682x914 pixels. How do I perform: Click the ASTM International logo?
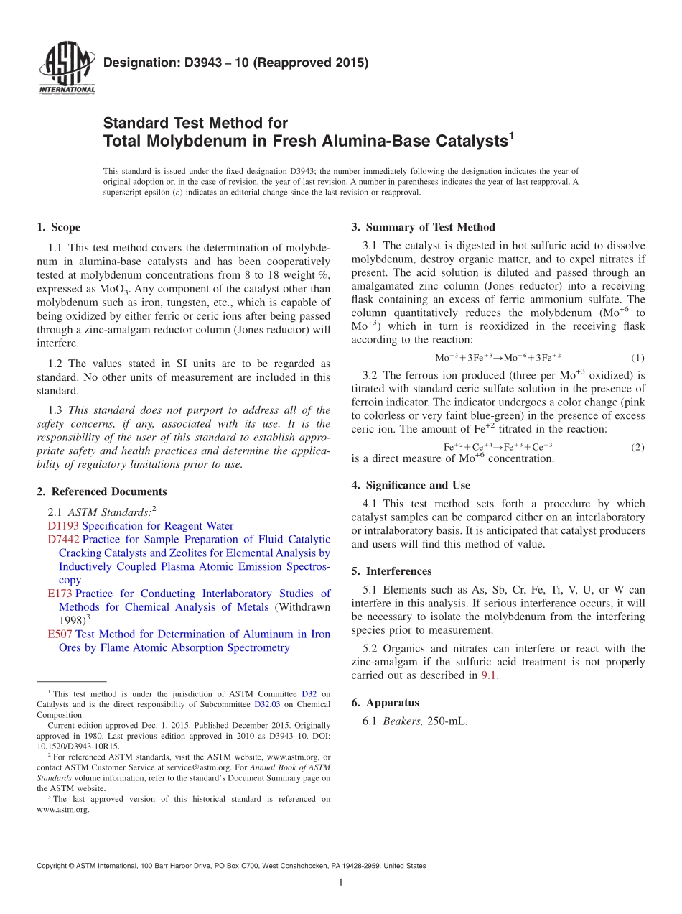[66, 69]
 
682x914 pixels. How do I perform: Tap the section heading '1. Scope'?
[59, 228]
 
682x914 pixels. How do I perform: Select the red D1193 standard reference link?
[63, 526]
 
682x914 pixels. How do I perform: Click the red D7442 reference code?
[63, 540]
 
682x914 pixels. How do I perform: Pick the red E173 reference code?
[60, 594]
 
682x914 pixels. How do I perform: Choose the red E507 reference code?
[60, 634]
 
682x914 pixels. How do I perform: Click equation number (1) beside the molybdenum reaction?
[637, 358]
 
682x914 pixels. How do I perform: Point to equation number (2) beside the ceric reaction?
[637, 447]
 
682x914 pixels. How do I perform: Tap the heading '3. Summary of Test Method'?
[423, 228]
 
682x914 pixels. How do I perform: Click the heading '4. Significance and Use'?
[411, 486]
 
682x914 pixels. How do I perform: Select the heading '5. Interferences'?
[391, 572]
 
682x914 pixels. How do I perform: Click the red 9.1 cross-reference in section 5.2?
[489, 675]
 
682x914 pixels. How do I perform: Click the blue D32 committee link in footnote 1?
[308, 694]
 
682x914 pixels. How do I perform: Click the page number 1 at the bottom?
[341, 883]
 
